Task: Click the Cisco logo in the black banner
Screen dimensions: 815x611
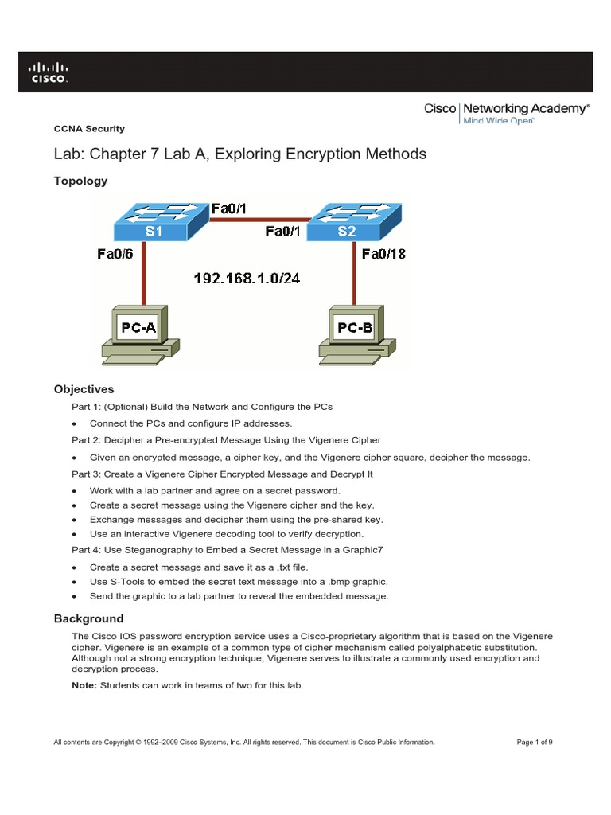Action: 49,72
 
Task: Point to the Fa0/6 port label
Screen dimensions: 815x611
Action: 115,255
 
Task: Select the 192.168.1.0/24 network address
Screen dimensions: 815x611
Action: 247,279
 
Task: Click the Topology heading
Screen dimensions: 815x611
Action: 80,181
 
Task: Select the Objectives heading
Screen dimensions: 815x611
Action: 84,389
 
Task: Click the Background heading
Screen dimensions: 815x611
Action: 88,618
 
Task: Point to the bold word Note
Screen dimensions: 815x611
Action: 84,686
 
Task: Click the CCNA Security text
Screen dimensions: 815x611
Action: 88,128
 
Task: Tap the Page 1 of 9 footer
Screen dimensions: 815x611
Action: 535,742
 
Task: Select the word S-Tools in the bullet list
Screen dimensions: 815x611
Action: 126,582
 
